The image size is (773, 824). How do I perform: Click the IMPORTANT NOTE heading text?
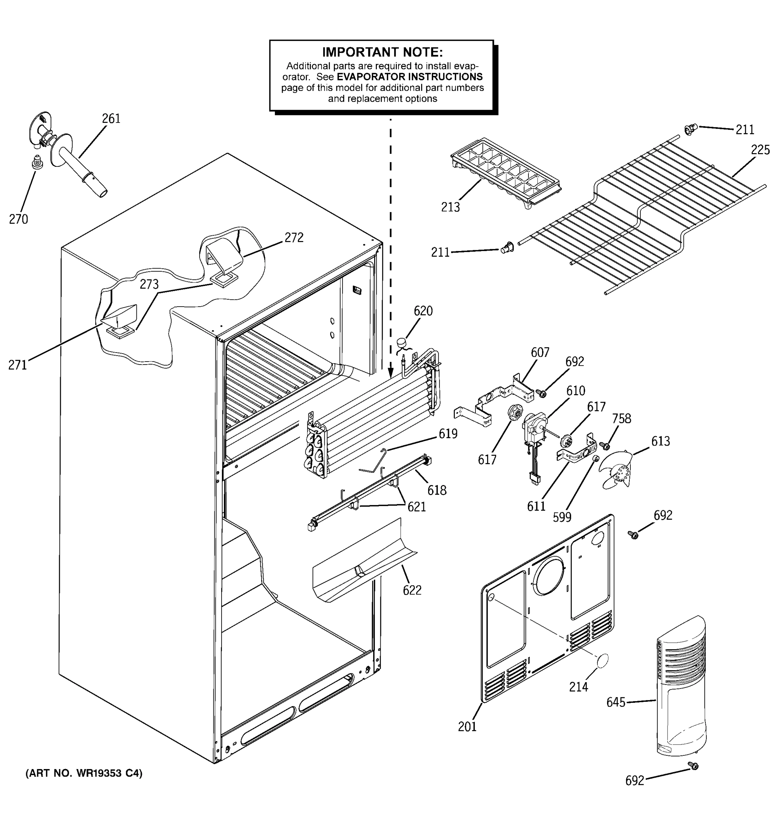click(x=382, y=52)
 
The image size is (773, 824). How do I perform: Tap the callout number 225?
click(x=760, y=150)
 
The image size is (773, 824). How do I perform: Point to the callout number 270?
click(x=19, y=219)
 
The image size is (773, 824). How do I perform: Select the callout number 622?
click(x=412, y=590)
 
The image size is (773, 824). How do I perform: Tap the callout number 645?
click(x=615, y=702)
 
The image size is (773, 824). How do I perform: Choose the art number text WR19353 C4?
click(x=84, y=773)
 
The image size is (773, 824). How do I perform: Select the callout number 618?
click(x=437, y=490)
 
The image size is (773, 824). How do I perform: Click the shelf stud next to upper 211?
click(x=690, y=130)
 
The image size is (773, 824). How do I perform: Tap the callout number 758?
click(x=621, y=419)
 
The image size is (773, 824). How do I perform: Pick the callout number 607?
click(x=540, y=352)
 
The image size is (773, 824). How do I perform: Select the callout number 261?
click(x=111, y=118)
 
